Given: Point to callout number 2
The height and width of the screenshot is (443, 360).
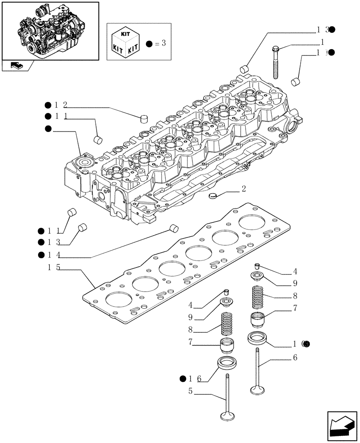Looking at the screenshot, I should pyautogui.click(x=243, y=189).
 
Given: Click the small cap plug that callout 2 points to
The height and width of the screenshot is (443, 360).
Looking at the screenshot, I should pyautogui.click(x=214, y=195).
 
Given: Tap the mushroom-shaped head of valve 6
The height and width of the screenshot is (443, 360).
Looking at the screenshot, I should pyautogui.click(x=257, y=390).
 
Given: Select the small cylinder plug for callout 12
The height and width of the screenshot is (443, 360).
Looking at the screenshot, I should pyautogui.click(x=143, y=118).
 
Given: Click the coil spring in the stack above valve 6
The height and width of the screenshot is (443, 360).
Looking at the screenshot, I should pyautogui.click(x=259, y=297).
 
